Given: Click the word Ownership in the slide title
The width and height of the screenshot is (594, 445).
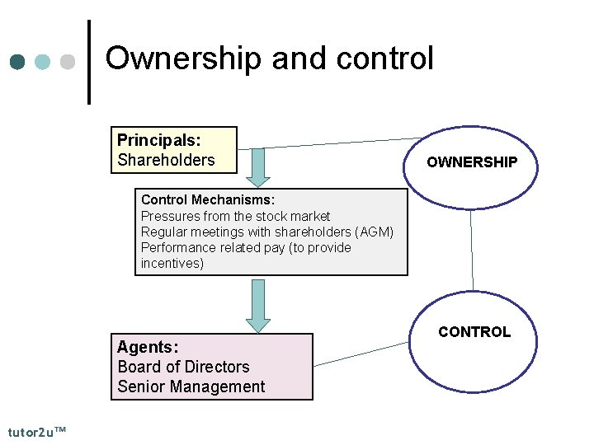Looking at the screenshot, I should (x=184, y=59).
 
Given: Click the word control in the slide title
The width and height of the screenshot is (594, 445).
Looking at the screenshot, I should (x=385, y=59).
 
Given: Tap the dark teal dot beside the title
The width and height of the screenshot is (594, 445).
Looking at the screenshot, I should (x=19, y=63).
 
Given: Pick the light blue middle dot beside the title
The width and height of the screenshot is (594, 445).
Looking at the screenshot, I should (x=44, y=63).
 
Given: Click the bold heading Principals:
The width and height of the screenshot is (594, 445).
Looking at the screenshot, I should (x=158, y=140).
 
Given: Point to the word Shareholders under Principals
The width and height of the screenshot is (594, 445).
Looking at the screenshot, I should (x=166, y=160).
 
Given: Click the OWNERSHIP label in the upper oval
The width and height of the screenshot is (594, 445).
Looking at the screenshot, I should (x=472, y=162).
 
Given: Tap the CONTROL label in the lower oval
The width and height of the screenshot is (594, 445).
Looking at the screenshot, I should (x=474, y=332).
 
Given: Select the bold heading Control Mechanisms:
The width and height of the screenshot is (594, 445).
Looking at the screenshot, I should (x=208, y=200).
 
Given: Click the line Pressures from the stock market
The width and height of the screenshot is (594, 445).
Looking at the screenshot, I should (x=236, y=216).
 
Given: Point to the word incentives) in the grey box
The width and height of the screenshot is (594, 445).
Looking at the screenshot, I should (x=172, y=263).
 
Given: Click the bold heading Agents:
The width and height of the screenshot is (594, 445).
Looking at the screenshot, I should (x=148, y=347).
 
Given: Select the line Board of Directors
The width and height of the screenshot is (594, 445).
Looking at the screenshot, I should (x=183, y=367).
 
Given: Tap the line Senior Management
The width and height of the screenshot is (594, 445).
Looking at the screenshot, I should (x=191, y=386).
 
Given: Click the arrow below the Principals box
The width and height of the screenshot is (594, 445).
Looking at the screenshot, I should (x=258, y=167).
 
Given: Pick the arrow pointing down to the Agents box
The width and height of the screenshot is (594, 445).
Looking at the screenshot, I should (x=258, y=306).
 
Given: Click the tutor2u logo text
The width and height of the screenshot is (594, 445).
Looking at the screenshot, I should (x=37, y=432).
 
